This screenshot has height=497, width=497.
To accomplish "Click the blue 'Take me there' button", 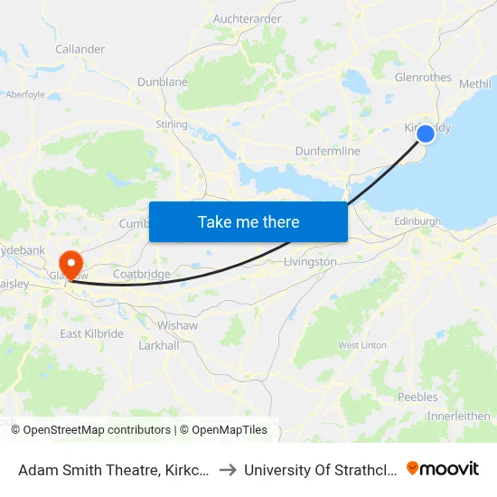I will point(248,221).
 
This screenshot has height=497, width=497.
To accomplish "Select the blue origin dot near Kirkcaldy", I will point(425,134).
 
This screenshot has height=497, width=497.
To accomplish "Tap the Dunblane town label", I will point(163,82).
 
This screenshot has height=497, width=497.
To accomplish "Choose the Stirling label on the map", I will point(172,125).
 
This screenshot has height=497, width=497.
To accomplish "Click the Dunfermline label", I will point(327,152).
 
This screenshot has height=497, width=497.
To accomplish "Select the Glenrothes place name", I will point(423,78).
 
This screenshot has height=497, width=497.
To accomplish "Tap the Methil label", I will point(475,83).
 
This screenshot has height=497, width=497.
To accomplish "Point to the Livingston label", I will point(310,262).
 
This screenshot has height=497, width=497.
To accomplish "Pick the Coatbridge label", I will point(141,274).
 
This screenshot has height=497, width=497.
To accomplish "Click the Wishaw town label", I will point(177,324).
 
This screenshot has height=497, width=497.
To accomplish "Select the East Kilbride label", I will point(91,334).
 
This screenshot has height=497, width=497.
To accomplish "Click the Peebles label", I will point(417,397).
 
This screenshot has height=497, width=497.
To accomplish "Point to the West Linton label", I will point(362,345).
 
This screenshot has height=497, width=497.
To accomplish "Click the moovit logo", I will point(443,468).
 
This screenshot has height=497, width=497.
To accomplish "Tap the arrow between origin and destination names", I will point(228,469).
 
